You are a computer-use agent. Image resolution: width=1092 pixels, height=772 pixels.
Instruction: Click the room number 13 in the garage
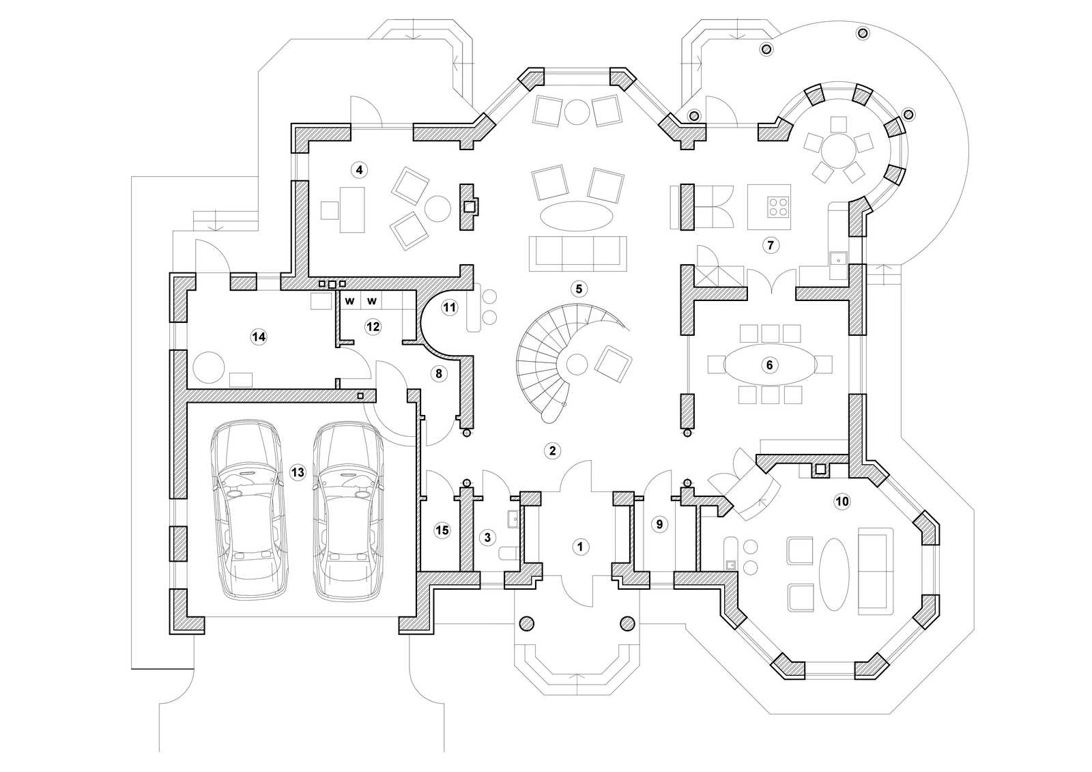[298, 472]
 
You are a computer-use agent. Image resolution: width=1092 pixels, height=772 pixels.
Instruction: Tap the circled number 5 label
[579, 289]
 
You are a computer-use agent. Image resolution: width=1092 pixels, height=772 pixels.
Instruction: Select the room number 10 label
[842, 501]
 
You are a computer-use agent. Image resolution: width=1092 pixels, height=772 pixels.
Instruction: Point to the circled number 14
[259, 337]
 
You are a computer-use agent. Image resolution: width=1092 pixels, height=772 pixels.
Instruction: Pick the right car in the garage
[348, 510]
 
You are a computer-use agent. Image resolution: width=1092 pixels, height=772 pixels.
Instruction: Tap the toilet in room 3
[509, 554]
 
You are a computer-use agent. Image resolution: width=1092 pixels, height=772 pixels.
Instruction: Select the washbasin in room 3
[513, 519]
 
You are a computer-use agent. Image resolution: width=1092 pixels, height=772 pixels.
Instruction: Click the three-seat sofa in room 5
[577, 254]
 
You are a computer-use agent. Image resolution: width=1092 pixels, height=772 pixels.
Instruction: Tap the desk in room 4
[352, 210]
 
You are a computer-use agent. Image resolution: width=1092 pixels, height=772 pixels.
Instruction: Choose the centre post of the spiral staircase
[577, 364]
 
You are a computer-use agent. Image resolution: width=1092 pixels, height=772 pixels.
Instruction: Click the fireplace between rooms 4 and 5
[469, 206]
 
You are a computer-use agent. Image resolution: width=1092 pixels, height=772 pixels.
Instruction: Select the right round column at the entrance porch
[627, 623]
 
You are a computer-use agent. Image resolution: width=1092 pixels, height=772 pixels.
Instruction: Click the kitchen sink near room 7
[838, 261]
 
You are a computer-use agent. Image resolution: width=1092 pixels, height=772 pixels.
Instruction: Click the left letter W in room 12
[349, 301]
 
